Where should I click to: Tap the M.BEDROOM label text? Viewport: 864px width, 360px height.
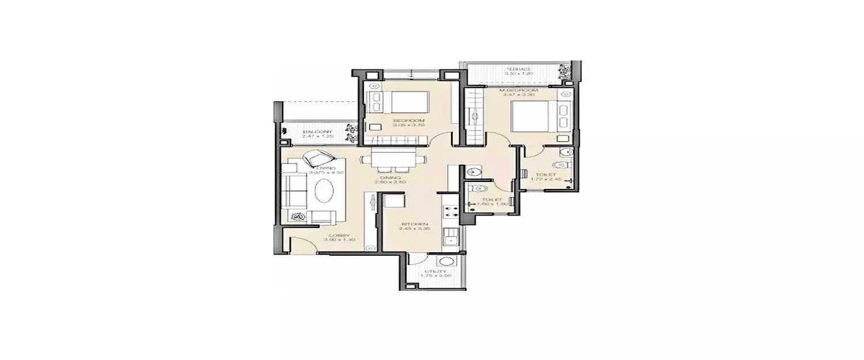click(x=519, y=90)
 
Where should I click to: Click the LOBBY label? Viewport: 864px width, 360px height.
click(x=337, y=235)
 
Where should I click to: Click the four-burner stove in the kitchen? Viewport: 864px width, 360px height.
click(x=450, y=210)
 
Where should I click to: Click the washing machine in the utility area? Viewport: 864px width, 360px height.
click(x=451, y=262)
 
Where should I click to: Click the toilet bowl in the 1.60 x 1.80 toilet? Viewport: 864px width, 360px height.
click(x=481, y=189)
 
